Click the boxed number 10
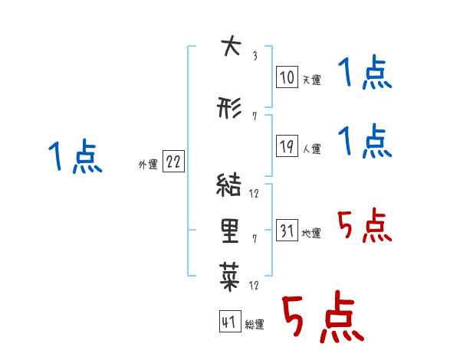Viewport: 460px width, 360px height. (286, 77)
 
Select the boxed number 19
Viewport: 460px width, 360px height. (286, 146)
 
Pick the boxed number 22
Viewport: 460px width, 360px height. (173, 162)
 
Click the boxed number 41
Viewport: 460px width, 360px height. (228, 322)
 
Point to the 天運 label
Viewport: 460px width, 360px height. (310, 80)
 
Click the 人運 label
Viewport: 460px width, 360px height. (310, 148)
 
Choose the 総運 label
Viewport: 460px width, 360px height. (255, 325)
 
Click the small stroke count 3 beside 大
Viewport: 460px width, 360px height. (254, 55)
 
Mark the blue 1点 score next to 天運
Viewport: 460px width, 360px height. (365, 74)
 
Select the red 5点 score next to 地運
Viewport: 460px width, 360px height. (364, 226)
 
